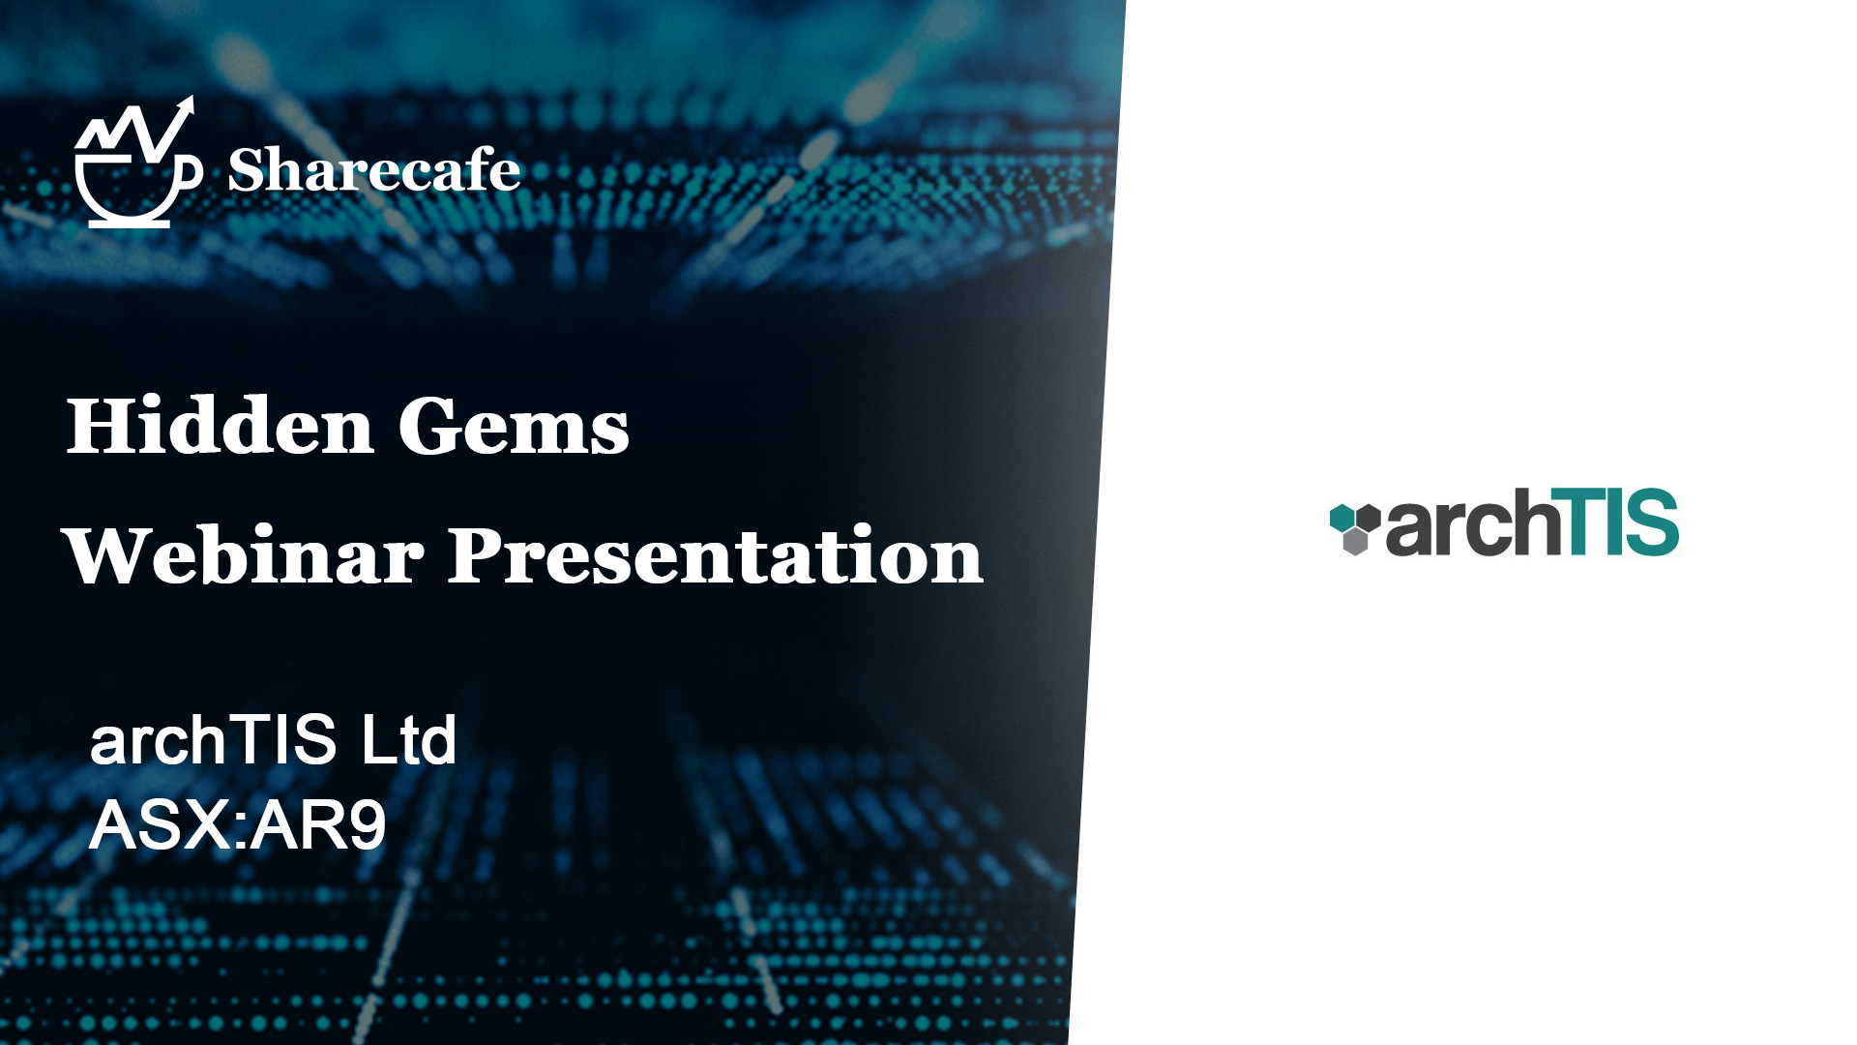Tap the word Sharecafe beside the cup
pos(374,170)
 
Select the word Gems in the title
pos(514,426)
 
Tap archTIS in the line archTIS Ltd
pos(213,740)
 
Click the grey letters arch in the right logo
pos(1472,524)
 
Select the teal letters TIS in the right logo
pos(1619,522)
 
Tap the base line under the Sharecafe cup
pos(130,224)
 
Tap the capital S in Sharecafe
pos(246,170)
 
